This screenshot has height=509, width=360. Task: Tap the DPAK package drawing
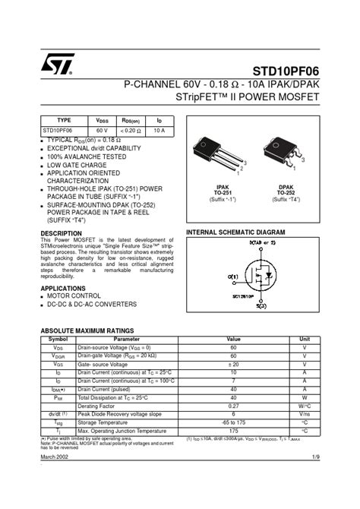285,152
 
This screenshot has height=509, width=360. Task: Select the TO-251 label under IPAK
223,193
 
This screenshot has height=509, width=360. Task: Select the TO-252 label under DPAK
286,193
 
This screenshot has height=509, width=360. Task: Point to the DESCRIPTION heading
61,233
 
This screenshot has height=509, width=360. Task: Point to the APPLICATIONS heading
63,289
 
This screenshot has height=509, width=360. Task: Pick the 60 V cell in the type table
101,131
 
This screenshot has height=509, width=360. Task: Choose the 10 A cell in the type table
159,131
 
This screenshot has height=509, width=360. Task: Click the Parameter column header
126,339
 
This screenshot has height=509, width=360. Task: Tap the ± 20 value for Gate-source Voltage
233,365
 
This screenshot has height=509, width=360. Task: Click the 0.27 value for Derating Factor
233,406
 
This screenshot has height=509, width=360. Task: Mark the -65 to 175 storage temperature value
233,423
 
